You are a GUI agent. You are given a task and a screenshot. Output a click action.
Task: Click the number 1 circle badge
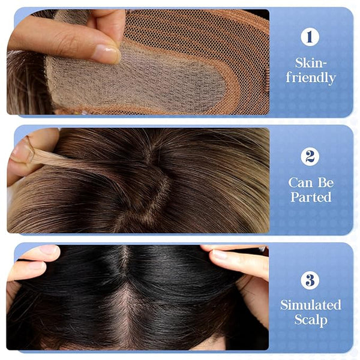tap(310, 37)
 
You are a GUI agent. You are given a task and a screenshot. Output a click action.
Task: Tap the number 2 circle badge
tap(310, 157)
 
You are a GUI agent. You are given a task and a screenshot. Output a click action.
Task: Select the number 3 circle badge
tap(310, 280)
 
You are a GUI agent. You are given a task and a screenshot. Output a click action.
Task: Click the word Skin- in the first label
tap(310, 62)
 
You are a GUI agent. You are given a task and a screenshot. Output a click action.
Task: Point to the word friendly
tap(311, 77)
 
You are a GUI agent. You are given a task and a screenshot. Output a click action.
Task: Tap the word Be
tap(326, 183)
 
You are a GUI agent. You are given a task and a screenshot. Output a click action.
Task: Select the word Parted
tap(311, 197)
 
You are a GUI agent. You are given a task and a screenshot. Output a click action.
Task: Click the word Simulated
tap(311, 305)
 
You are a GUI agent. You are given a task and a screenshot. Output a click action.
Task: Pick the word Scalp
tap(311, 320)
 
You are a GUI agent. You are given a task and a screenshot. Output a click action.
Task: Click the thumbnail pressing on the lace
tap(107, 53)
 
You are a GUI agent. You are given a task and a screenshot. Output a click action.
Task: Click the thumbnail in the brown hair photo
tap(22, 152)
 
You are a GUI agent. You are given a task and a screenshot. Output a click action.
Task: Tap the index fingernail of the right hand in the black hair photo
tap(220, 254)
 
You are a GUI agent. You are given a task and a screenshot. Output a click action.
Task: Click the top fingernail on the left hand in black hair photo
tap(49, 250)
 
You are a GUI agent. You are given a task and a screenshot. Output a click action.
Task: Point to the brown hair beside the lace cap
tap(25, 83)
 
